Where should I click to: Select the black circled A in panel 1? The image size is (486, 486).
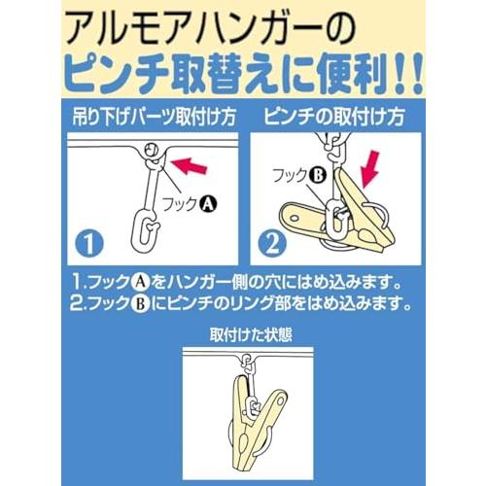click(x=207, y=203)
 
